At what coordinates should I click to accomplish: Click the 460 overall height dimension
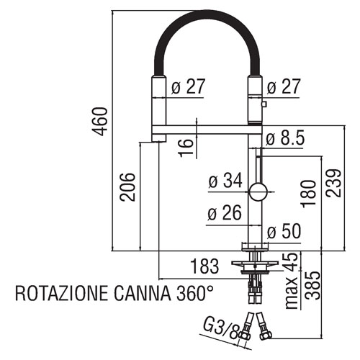click(x=99, y=122)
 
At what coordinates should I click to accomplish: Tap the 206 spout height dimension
click(x=127, y=187)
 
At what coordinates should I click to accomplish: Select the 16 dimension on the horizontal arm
click(x=186, y=148)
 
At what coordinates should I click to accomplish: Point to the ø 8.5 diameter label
click(x=285, y=138)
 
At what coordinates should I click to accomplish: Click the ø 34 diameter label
click(x=225, y=181)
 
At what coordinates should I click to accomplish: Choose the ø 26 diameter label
click(x=224, y=212)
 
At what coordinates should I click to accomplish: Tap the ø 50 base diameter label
click(x=284, y=231)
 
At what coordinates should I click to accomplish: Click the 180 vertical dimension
click(x=308, y=194)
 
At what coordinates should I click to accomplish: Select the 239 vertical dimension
click(x=333, y=183)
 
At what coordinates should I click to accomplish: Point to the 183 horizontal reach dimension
click(x=204, y=266)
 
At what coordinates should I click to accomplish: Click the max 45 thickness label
click(x=292, y=281)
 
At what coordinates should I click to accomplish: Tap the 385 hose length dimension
click(x=312, y=285)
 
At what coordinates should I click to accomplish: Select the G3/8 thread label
click(x=221, y=329)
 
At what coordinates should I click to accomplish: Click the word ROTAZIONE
click(x=62, y=293)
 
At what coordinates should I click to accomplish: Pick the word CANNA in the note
click(x=143, y=293)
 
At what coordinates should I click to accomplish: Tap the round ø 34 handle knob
click(x=258, y=192)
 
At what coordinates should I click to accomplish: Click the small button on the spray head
click(x=264, y=104)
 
